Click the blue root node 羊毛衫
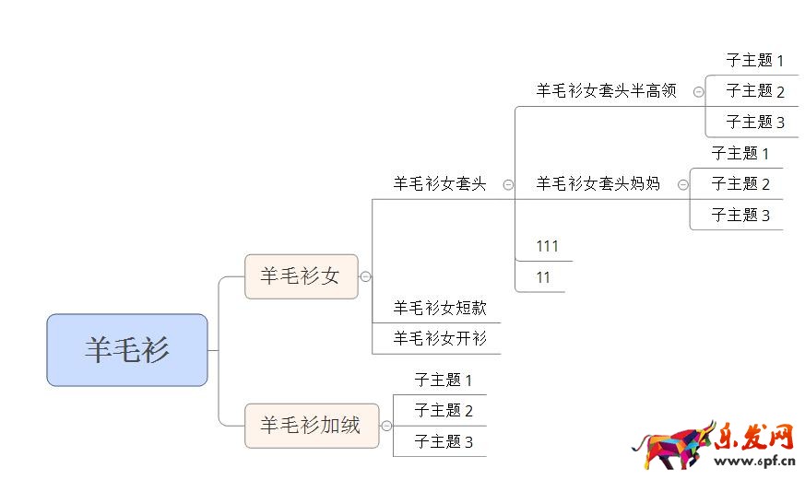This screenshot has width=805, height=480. click(127, 350)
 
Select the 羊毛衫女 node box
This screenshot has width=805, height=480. click(301, 276)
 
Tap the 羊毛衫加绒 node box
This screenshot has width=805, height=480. click(311, 426)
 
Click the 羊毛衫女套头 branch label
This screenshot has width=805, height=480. click(440, 184)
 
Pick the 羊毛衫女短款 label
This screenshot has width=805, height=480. click(440, 308)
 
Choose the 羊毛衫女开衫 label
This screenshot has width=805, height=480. click(440, 338)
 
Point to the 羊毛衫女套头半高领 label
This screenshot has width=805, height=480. click(607, 90)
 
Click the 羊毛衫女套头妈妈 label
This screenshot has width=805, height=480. click(598, 183)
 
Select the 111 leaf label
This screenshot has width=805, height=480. click(548, 246)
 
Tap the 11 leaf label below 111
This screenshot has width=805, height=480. click(543, 277)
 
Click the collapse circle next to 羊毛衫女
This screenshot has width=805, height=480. click(366, 276)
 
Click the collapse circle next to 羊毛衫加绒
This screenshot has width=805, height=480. click(386, 426)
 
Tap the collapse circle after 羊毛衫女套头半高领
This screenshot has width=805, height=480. click(698, 91)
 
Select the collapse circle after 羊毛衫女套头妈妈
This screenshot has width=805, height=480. click(682, 184)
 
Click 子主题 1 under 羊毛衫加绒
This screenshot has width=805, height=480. click(444, 380)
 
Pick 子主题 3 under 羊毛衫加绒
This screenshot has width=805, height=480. click(444, 441)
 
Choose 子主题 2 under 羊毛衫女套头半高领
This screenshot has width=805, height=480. click(755, 91)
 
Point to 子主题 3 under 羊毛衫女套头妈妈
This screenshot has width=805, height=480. click(740, 215)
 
